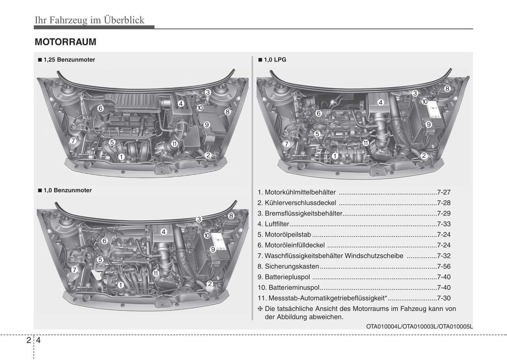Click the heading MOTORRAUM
coord(65,42)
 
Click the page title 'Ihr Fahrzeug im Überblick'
coord(89,20)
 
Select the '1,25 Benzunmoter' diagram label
coord(69,60)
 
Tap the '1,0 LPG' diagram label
coord(275,60)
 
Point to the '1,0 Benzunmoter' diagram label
coord(67,190)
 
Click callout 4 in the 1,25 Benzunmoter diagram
coord(181,104)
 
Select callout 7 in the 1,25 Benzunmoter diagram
coord(73,141)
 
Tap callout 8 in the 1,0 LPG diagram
coord(447,89)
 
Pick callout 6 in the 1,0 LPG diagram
coord(319,113)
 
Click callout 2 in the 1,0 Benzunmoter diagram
coord(209,284)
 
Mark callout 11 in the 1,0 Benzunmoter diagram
coord(156,273)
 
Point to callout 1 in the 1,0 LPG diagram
coord(335,156)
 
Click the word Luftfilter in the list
coord(277,224)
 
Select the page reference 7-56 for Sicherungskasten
coord(443,266)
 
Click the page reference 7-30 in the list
coord(443,298)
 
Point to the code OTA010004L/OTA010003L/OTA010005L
coord(419,326)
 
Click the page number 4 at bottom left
coord(38,340)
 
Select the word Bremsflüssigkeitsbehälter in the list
coord(303,213)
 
